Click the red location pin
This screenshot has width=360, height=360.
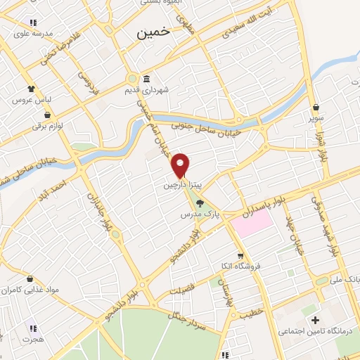click(181, 164)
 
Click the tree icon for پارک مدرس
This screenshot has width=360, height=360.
click(200, 204)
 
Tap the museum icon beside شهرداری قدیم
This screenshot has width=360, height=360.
click(146, 78)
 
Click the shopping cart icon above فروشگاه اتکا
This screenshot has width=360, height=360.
click(240, 256)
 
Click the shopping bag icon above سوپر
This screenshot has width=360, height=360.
click(316, 107)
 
